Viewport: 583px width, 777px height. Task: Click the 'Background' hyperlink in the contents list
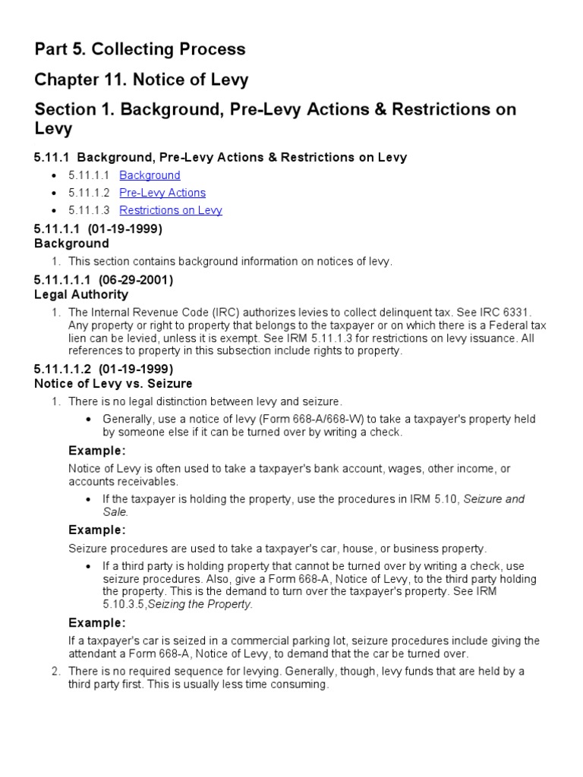(x=150, y=175)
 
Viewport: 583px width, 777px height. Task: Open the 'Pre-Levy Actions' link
(x=162, y=193)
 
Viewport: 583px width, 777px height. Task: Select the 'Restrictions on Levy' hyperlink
(x=171, y=210)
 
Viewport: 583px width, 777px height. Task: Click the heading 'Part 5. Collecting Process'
(x=140, y=49)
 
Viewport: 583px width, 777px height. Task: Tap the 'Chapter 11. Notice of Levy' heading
(x=141, y=79)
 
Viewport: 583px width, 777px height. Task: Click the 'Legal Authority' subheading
(x=81, y=294)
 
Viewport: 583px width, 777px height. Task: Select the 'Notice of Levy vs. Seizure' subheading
(x=113, y=383)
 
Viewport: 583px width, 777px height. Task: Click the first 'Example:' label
(x=97, y=451)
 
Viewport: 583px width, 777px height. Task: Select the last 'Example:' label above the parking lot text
(x=97, y=623)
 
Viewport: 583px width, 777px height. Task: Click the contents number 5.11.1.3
(x=90, y=210)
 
